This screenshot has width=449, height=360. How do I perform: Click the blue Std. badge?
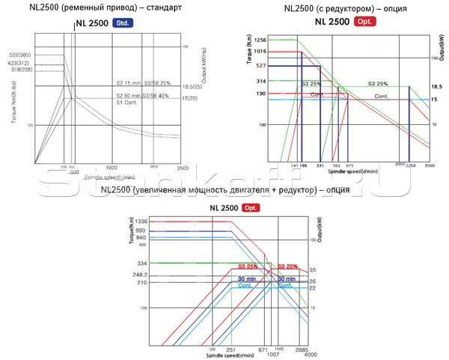point(121,24)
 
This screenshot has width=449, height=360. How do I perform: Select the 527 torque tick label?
point(261,66)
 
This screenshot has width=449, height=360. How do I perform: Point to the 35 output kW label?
point(312,269)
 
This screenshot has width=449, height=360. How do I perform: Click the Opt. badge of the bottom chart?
point(248,207)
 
